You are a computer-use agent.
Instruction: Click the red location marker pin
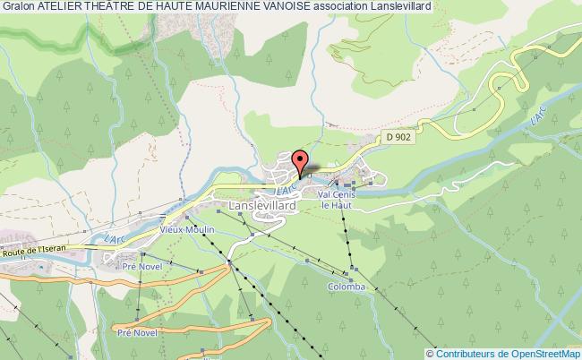point(299,162)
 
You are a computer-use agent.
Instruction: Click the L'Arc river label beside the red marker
point(285,191)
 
